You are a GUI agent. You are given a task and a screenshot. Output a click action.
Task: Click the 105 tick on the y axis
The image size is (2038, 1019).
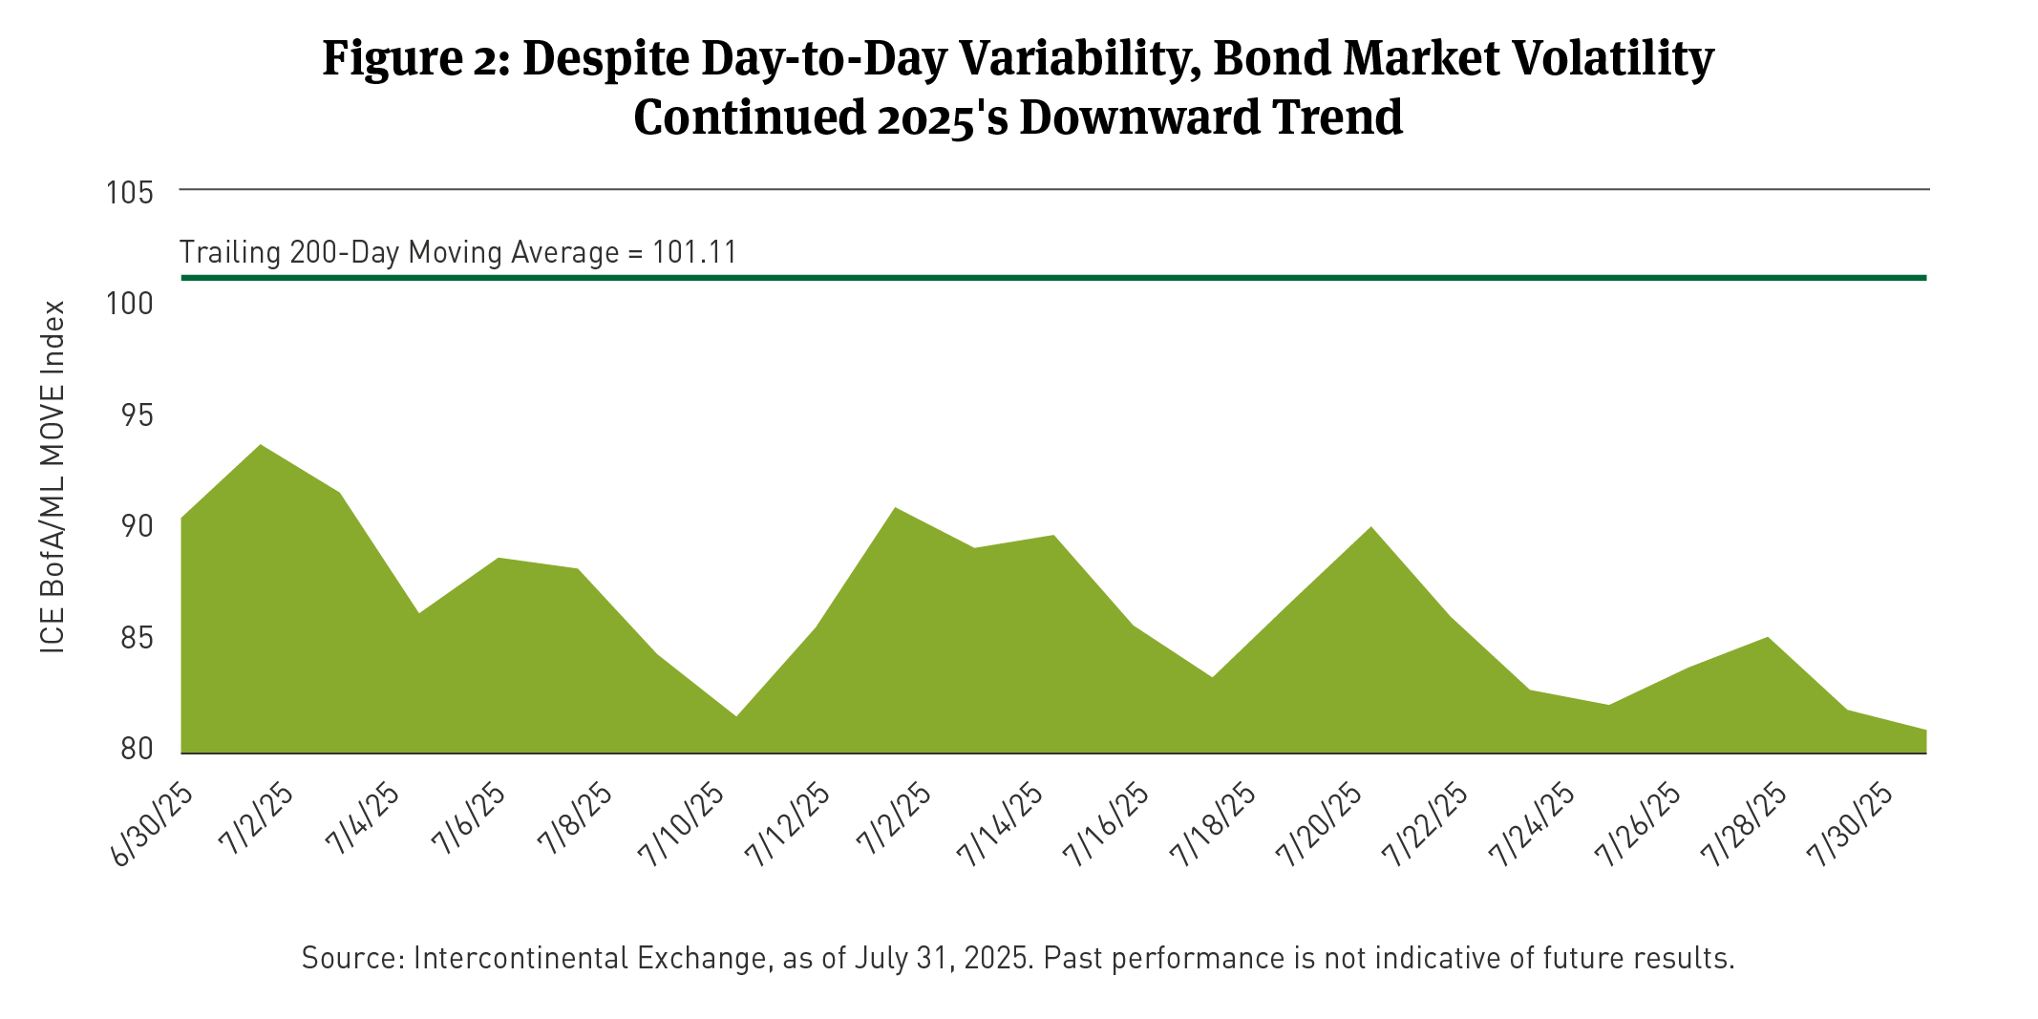tap(130, 193)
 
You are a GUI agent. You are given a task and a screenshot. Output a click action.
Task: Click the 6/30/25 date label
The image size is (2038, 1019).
tap(153, 826)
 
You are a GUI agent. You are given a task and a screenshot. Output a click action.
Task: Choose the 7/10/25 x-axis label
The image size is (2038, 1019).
tap(684, 826)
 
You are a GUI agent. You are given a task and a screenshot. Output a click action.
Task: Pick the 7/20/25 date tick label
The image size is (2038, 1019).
tap(1321, 826)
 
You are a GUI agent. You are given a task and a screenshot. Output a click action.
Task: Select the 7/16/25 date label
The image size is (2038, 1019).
tap(1108, 826)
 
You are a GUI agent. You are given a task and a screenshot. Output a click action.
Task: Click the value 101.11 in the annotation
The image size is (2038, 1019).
tap(694, 253)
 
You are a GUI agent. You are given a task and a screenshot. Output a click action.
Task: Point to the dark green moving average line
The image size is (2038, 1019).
tap(1051, 278)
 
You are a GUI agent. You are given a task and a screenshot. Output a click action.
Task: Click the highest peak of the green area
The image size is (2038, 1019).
tap(261, 446)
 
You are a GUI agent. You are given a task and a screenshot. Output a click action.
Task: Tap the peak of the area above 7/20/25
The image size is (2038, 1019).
tap(1371, 528)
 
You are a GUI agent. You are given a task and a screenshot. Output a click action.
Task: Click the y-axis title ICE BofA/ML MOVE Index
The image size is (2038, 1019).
tap(53, 478)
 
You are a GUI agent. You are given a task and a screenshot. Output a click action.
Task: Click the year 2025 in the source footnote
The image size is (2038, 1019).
tap(998, 958)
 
